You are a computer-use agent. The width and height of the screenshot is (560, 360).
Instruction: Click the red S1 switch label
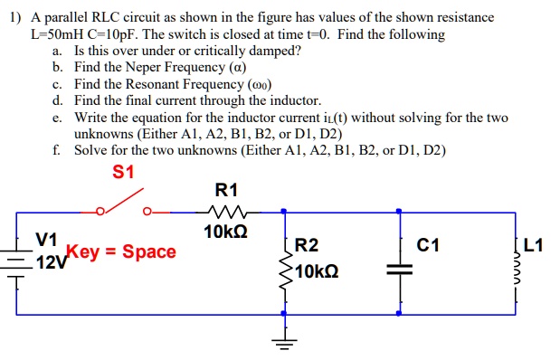tap(123, 171)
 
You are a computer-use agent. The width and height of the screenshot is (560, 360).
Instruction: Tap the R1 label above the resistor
tap(226, 190)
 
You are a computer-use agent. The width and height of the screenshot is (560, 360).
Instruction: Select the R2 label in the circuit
tap(308, 245)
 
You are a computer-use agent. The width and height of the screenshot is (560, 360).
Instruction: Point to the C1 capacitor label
tap(429, 245)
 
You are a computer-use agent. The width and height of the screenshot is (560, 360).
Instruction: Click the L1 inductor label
tap(534, 245)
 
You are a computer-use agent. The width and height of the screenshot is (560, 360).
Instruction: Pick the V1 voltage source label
tap(47, 240)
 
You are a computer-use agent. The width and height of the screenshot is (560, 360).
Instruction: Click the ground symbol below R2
tap(285, 341)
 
